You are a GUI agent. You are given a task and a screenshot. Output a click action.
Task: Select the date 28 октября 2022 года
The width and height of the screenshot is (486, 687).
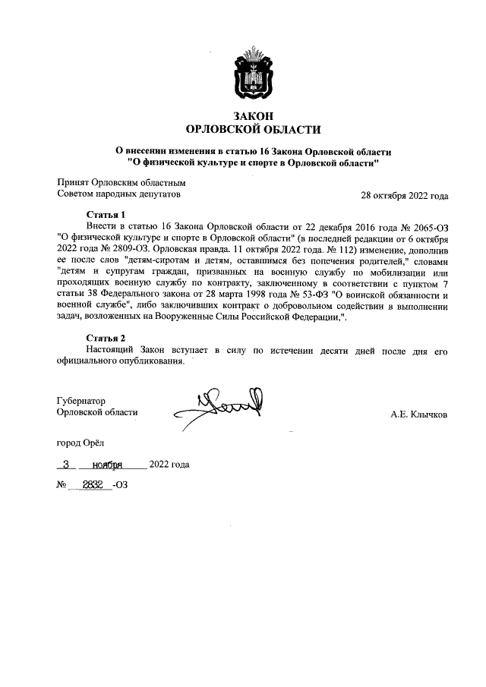(x=404, y=195)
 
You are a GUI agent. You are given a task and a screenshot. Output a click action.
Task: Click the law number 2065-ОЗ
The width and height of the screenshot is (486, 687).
(x=426, y=227)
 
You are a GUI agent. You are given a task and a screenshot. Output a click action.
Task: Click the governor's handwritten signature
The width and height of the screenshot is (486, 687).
(x=220, y=406)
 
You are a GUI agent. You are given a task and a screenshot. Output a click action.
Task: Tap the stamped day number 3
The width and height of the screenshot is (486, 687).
(x=66, y=464)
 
